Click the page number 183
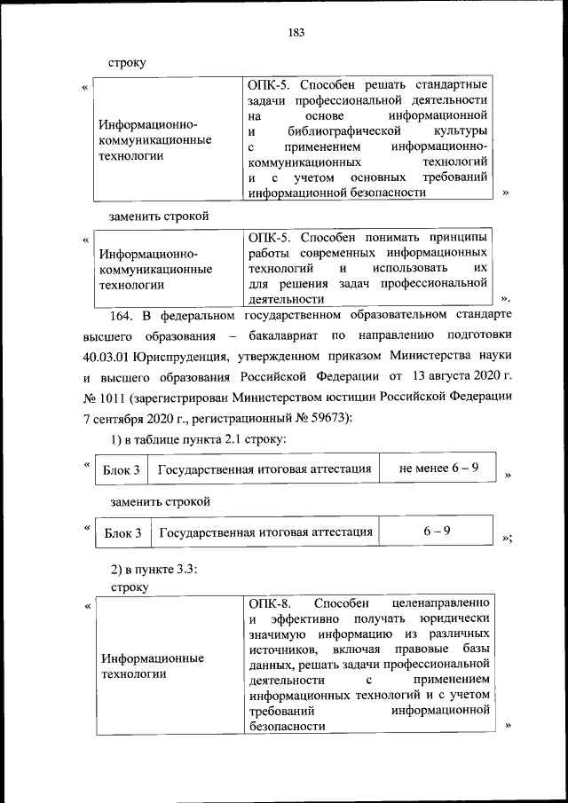[296, 34]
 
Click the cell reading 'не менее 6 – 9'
[439, 468]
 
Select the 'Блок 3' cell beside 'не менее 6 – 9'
[121, 469]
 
